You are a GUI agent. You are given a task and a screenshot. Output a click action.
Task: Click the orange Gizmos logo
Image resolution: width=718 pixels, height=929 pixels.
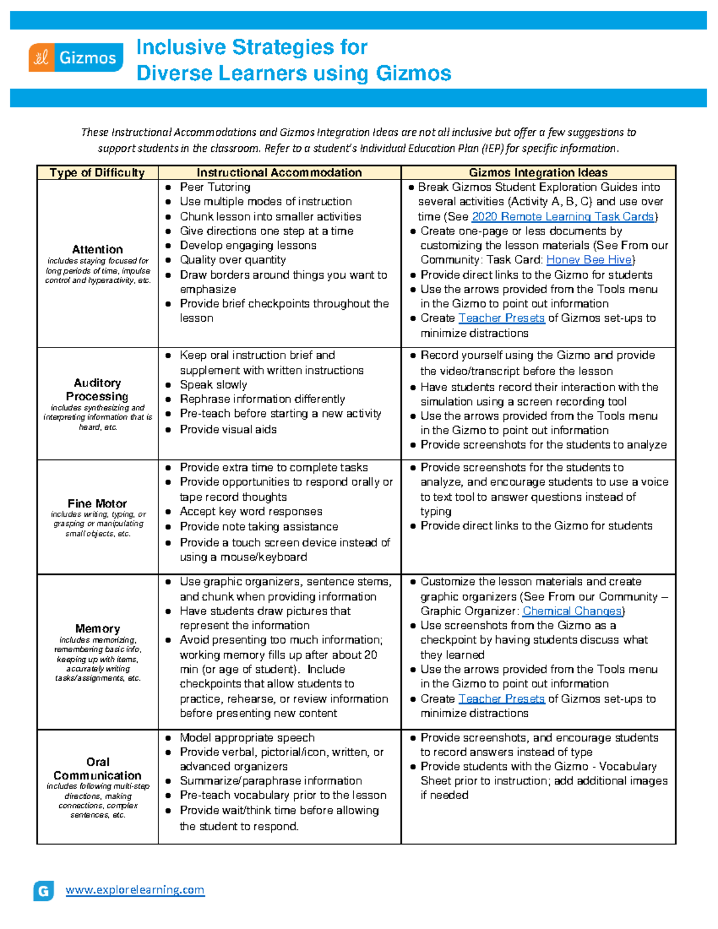point(75,58)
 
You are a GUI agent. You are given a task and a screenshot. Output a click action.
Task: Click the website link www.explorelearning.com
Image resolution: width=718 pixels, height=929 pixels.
point(135,890)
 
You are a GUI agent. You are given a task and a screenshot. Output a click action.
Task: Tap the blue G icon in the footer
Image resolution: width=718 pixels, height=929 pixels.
point(44,891)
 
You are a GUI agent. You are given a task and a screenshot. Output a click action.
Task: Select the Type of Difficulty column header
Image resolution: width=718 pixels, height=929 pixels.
point(97,173)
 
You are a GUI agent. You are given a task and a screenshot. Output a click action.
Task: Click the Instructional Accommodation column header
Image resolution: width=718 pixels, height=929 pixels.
point(279,173)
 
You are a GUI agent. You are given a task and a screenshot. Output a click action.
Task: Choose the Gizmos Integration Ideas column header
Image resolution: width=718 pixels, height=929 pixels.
point(538,173)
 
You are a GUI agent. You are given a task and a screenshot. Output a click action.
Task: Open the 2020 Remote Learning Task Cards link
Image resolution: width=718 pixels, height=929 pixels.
point(563,217)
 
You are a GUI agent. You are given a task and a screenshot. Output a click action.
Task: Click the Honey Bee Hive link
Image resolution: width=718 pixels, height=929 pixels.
point(589,260)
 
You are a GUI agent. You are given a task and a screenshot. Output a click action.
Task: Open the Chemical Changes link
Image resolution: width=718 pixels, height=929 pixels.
point(572,611)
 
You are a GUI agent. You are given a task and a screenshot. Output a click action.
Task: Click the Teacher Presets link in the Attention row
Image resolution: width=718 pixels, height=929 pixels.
point(501,318)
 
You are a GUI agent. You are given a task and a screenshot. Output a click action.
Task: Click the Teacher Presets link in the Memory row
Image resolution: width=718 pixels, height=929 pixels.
point(501,699)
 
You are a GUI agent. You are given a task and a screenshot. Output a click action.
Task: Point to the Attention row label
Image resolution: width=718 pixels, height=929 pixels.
point(97,249)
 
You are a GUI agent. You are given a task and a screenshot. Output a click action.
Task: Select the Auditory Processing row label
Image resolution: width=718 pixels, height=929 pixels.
point(97,389)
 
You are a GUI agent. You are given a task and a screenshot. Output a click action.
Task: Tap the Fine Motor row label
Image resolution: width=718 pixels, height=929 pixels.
point(97,504)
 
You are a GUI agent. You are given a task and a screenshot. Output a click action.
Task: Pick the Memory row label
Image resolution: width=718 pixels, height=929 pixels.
point(97,629)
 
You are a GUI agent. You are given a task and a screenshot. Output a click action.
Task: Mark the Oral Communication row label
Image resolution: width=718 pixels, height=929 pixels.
point(97,769)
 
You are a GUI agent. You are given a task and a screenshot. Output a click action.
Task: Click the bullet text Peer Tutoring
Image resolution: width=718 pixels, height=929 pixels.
point(215,187)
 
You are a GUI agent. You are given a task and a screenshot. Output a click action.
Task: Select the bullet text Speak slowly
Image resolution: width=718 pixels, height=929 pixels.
point(213,385)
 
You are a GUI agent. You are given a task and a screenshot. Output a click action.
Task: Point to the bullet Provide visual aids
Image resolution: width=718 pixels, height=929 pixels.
point(228,430)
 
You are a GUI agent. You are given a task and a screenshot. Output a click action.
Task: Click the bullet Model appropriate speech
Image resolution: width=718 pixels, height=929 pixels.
point(247,738)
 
